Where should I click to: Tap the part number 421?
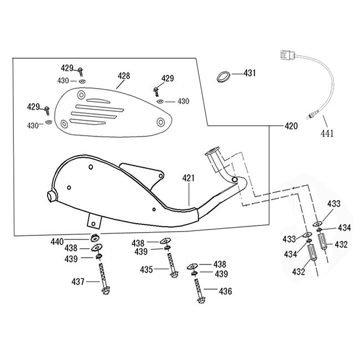click(189, 178)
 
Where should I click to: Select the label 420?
click(291, 126)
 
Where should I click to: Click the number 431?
click(250, 73)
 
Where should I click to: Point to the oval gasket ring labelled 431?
click(223, 74)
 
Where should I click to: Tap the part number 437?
click(78, 282)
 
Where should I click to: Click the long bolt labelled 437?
click(103, 276)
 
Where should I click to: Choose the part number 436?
click(225, 290)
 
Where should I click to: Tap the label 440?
click(73, 241)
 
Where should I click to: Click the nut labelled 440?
click(95, 239)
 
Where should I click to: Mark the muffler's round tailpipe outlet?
click(51, 196)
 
